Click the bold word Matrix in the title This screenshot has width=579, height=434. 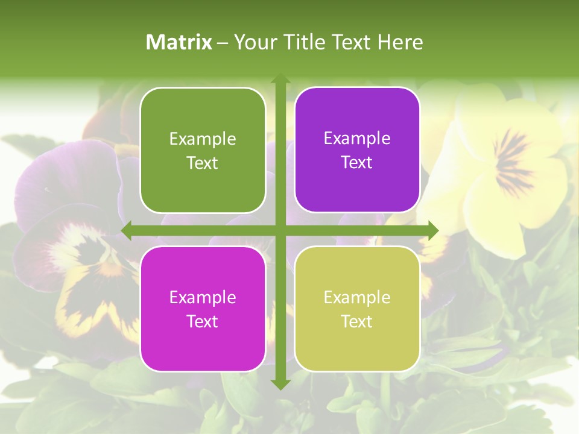tap(179, 42)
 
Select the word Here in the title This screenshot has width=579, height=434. tap(400, 42)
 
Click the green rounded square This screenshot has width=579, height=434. tap(203, 151)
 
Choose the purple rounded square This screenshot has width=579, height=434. tap(357, 150)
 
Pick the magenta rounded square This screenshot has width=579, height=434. tap(203, 309)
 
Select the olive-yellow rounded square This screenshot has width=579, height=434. tap(357, 309)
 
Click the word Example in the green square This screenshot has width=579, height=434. tap(203, 139)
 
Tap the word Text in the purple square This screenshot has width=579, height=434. tap(357, 163)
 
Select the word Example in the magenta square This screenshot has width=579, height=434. tap(203, 297)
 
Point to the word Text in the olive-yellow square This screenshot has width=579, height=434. tap(357, 321)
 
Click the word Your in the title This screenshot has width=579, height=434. tap(252, 42)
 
